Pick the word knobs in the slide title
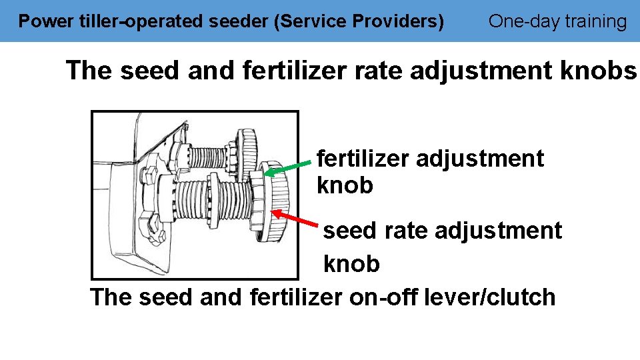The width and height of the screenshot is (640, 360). click(602, 70)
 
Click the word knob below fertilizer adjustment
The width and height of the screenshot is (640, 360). click(345, 186)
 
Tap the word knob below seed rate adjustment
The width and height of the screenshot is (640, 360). click(351, 264)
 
